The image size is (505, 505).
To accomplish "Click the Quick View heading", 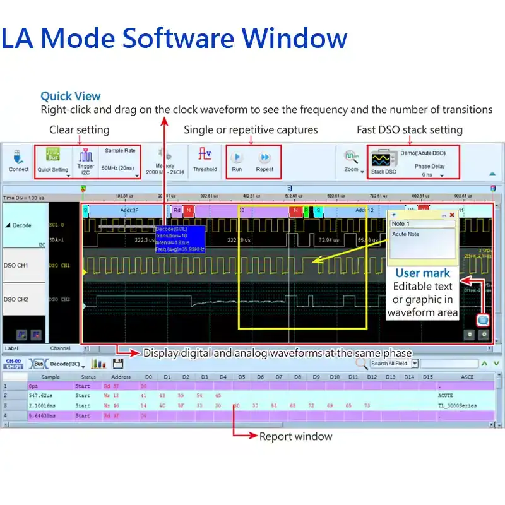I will click(x=71, y=96).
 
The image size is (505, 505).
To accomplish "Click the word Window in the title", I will click(x=295, y=38).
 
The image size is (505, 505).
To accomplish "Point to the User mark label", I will click(x=422, y=273).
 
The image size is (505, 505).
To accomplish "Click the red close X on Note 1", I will click(x=452, y=215).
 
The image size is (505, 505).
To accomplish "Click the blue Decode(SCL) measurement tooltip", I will click(x=179, y=239).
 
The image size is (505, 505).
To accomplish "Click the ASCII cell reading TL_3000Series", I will click(x=457, y=405).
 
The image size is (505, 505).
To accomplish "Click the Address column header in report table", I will click(x=121, y=377).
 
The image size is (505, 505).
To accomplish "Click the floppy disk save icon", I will click(x=117, y=364).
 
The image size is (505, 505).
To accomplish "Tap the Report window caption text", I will click(x=295, y=436).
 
